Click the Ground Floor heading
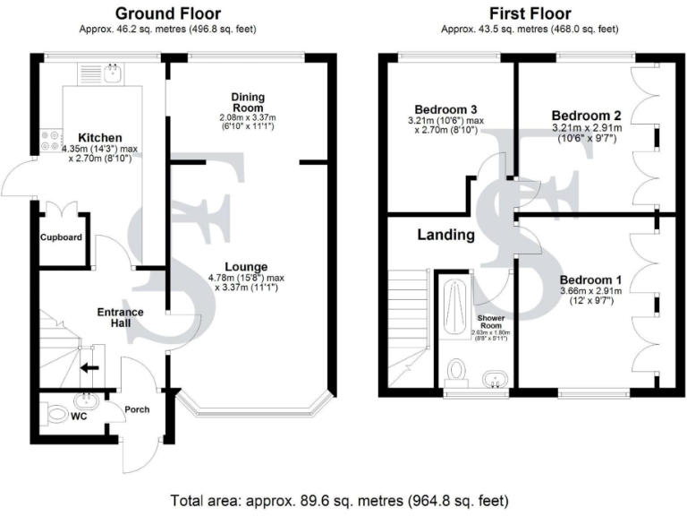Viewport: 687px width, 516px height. [169, 13]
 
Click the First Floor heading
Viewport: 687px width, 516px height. [528, 13]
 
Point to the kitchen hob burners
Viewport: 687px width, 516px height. [47, 142]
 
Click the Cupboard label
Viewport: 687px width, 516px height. [62, 237]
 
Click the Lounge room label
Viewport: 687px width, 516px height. [248, 266]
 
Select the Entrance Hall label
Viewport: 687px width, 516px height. [119, 316]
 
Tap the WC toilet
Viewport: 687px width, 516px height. [57, 415]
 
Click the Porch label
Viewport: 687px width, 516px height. [137, 410]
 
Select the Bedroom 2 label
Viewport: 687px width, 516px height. [586, 116]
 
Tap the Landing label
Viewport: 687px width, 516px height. [445, 236]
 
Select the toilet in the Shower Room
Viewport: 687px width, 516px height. [457, 371]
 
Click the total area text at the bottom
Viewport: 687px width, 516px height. [343, 499]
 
